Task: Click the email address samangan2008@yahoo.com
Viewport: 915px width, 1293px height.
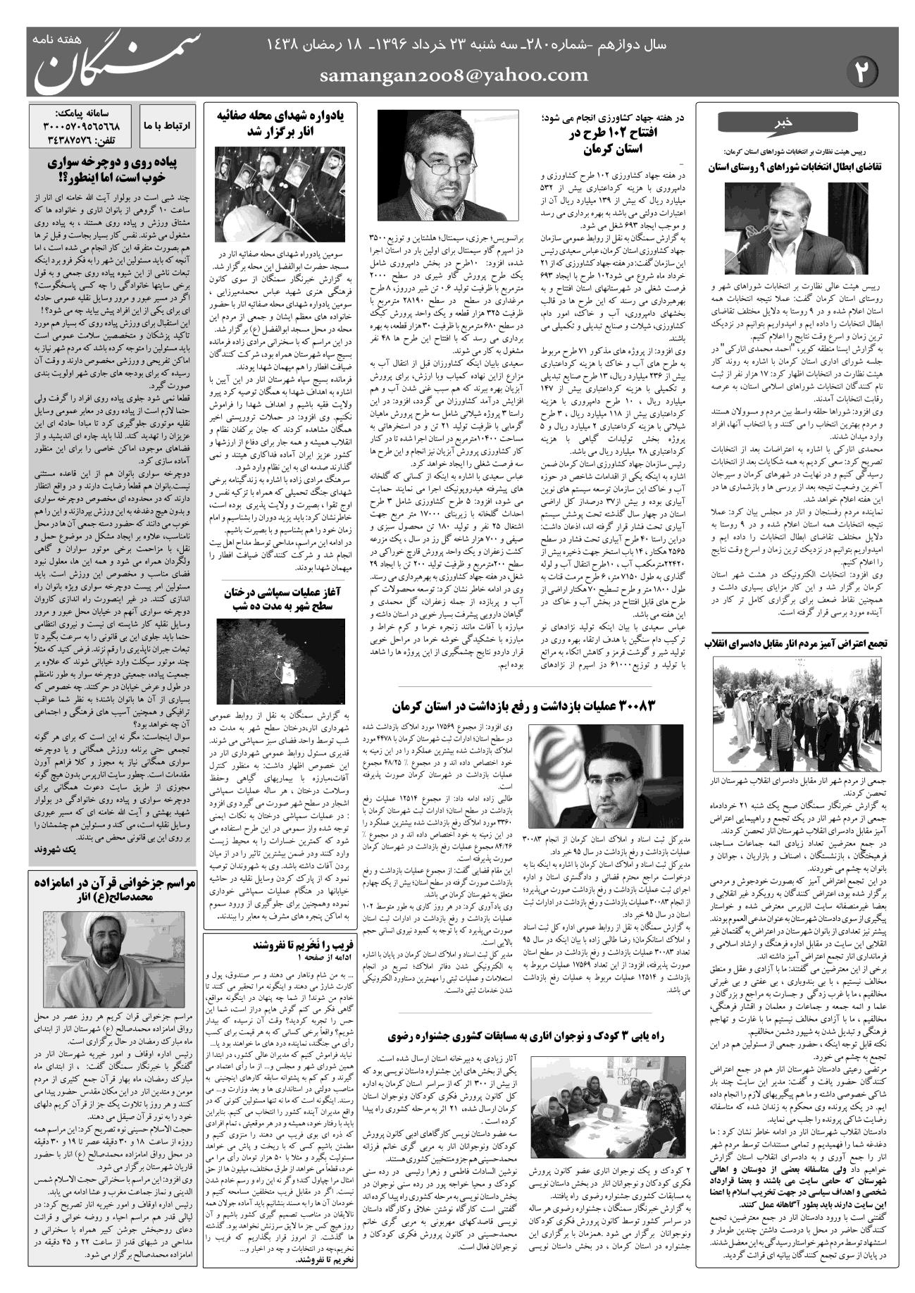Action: tap(454, 75)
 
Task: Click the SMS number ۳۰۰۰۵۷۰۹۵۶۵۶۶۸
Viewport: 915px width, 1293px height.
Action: tap(82, 125)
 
